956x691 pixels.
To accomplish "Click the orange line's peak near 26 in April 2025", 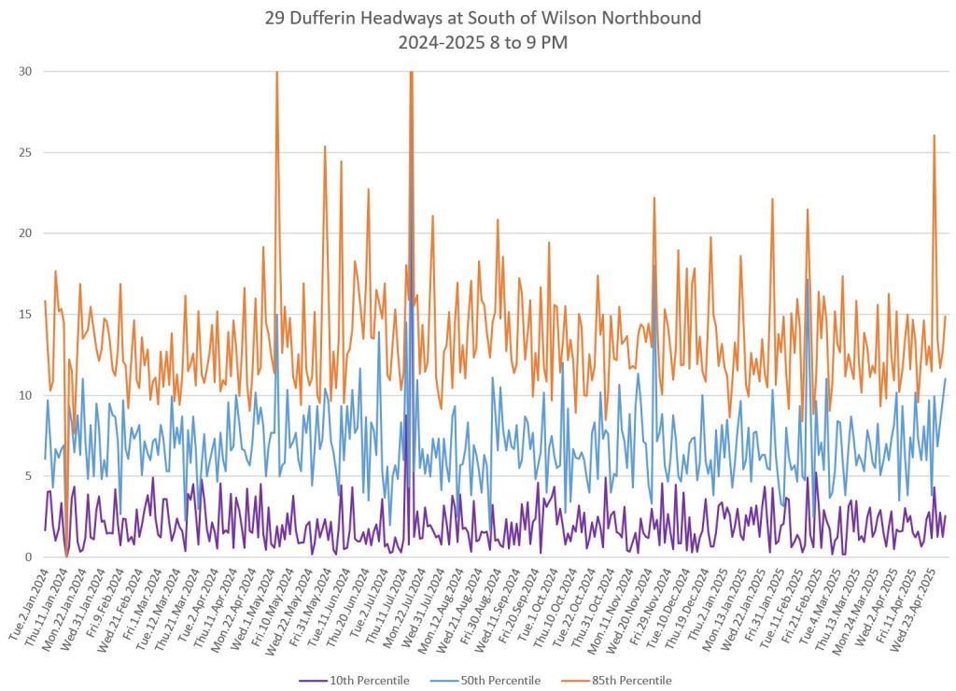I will [x=934, y=135].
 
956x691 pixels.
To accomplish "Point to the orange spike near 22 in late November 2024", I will [x=654, y=198].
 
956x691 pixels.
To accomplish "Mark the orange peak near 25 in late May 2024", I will [x=325, y=147].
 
